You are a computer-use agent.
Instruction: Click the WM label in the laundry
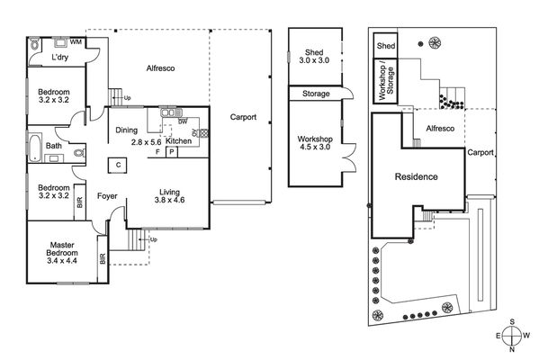76,42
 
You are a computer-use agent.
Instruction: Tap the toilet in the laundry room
34,44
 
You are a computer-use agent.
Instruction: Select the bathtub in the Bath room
35,148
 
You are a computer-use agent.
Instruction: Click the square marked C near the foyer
118,165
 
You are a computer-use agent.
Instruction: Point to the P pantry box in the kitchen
172,152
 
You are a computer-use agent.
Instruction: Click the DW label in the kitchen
183,121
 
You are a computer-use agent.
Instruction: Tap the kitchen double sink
171,112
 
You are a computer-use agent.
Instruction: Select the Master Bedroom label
62,249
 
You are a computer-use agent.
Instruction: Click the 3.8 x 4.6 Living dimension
169,201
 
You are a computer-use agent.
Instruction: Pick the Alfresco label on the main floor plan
160,68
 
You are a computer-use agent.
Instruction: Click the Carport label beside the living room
243,117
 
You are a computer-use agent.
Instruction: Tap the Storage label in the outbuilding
316,94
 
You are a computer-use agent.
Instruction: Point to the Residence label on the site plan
417,176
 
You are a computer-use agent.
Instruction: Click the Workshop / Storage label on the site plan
386,83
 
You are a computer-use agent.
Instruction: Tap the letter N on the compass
512,349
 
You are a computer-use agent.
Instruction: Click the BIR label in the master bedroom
103,258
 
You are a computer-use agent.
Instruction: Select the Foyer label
107,196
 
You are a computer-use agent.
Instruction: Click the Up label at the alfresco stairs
127,98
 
